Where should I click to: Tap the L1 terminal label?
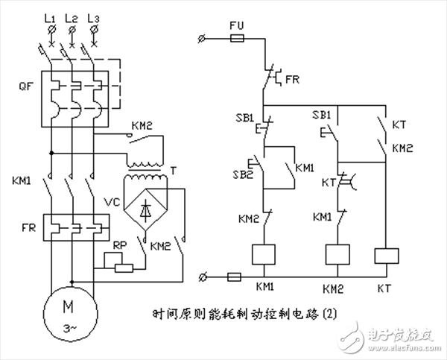pyautogui.click(x=50, y=16)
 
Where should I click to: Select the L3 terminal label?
pyautogui.click(x=93, y=16)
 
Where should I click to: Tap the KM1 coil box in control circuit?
pyautogui.click(x=265, y=256)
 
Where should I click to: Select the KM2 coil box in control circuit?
pyautogui.click(x=339, y=256)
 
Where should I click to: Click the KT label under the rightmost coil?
pyautogui.click(x=384, y=286)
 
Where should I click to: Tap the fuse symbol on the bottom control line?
pyautogui.click(x=232, y=277)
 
